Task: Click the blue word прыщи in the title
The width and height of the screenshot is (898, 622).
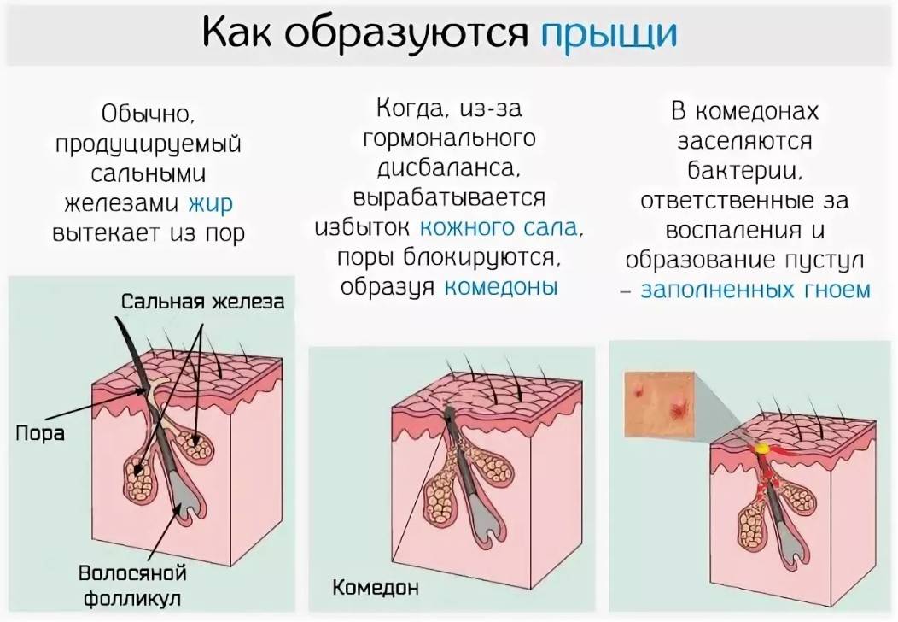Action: (609, 34)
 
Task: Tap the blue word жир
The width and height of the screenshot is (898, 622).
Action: (210, 203)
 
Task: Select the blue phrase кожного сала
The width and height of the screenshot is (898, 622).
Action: (499, 227)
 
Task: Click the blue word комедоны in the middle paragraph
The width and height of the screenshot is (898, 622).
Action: (500, 286)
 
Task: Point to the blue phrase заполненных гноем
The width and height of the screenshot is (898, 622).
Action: (755, 290)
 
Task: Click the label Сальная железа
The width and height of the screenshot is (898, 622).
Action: (202, 302)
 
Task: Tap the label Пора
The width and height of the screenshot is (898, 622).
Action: (39, 433)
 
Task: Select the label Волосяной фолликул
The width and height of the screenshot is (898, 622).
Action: (132, 585)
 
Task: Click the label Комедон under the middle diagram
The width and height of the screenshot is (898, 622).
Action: (375, 587)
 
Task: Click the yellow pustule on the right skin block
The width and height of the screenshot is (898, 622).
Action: (762, 449)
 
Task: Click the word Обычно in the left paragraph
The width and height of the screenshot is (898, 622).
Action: (149, 114)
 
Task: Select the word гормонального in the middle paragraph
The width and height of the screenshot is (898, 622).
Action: (450, 138)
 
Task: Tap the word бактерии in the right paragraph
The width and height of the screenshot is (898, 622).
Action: (744, 170)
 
